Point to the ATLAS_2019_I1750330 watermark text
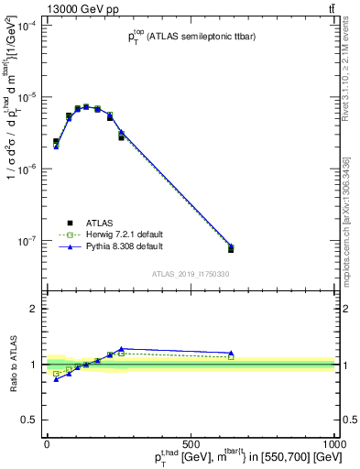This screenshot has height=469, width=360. [x=191, y=274]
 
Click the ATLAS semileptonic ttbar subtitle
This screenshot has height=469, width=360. [x=192, y=37]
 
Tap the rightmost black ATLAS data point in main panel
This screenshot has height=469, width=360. [x=231, y=249]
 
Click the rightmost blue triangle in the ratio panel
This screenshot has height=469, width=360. [x=231, y=353]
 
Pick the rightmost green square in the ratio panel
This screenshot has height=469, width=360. [x=231, y=357]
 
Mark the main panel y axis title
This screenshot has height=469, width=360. [x=13, y=137]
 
